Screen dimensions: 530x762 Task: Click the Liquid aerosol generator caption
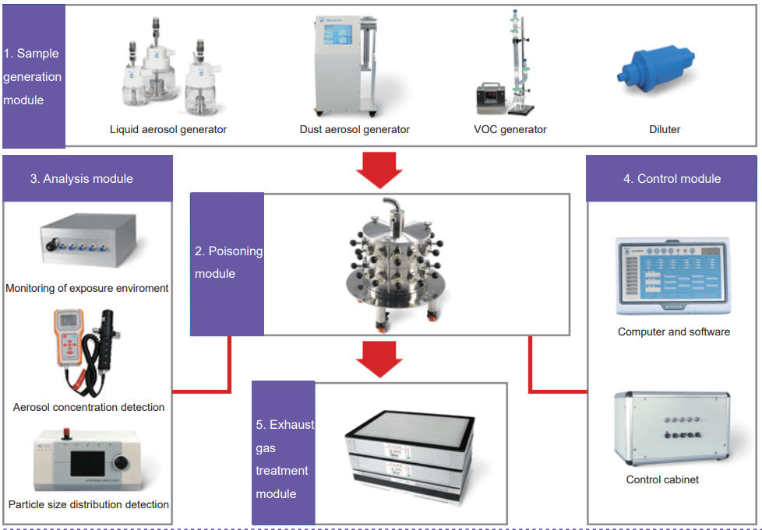tap(168, 129)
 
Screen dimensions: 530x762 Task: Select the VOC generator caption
tap(511, 129)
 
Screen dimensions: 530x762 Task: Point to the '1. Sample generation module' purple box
tap(33, 76)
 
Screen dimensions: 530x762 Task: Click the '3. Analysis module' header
tap(87, 178)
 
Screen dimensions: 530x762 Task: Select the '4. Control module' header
tap(672, 178)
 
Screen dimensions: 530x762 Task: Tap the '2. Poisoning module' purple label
tap(228, 263)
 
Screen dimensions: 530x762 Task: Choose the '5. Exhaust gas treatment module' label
tap(284, 458)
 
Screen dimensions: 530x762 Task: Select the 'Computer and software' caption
tap(674, 332)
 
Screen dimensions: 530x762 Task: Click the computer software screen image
tap(674, 276)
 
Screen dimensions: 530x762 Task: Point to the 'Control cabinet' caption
tap(662, 479)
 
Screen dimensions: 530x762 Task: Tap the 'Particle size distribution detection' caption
tap(89, 504)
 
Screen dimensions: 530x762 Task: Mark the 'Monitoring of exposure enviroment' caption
tap(87, 288)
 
